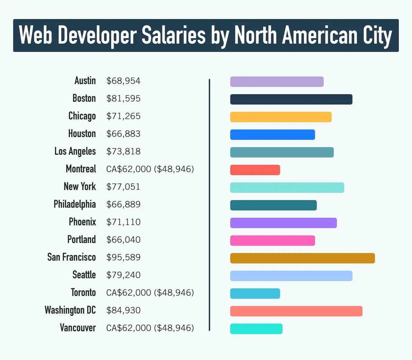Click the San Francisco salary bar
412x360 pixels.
[302, 258]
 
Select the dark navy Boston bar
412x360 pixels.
[291, 99]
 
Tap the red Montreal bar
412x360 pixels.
[255, 170]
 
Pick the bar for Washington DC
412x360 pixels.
[296, 311]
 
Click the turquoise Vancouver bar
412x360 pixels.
[256, 329]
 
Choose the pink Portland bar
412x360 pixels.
[272, 241]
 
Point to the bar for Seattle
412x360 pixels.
[291, 276]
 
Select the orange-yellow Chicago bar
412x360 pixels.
[281, 117]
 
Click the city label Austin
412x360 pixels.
[85, 81]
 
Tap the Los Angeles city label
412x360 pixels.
[75, 152]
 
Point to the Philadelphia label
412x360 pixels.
[75, 204]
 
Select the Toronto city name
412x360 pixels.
[83, 292]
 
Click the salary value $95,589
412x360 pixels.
[123, 258]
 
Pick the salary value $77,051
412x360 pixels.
[123, 187]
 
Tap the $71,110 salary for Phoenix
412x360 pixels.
[123, 222]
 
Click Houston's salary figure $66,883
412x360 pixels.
[123, 134]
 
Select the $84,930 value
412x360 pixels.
[123, 310]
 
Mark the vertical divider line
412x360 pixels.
[209, 204]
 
